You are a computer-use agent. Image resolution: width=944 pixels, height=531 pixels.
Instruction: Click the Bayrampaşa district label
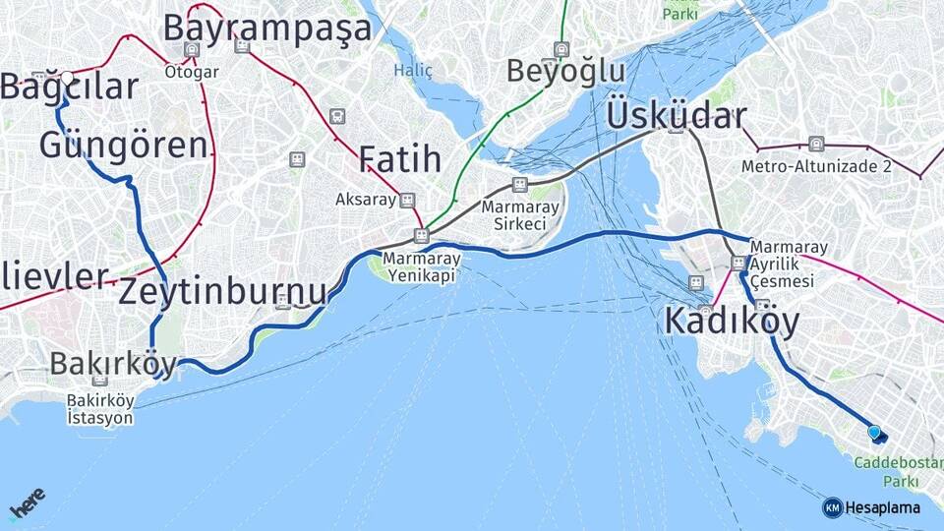[267, 28]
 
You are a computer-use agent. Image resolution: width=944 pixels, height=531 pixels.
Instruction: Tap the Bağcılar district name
[69, 88]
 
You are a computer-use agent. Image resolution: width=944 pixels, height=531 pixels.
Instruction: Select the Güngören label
[124, 146]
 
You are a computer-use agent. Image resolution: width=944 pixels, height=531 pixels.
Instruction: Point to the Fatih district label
[398, 158]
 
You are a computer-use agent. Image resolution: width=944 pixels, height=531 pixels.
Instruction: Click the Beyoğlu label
[566, 71]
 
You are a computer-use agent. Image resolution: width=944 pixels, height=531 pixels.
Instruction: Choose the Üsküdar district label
[677, 115]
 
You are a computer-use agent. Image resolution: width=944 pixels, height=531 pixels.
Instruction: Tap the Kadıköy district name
[732, 321]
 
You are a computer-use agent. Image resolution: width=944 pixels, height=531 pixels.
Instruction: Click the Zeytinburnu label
[222, 292]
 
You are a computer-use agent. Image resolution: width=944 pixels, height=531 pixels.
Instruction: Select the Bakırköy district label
[113, 363]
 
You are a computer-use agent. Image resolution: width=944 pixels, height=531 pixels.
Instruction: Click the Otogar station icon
[191, 49]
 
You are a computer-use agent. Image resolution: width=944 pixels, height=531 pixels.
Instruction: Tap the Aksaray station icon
[407, 200]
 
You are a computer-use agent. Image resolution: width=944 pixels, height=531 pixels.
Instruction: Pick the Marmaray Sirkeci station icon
[520, 185]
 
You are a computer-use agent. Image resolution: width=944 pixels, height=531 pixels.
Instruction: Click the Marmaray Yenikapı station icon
[421, 236]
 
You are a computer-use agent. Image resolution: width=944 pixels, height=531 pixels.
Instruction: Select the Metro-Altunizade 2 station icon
[815, 145]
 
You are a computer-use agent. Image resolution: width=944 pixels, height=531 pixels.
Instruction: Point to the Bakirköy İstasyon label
[99, 409]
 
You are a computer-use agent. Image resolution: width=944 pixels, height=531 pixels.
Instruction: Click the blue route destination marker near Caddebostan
[873, 432]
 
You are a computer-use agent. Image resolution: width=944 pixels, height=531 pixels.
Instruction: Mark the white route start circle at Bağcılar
[67, 77]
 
